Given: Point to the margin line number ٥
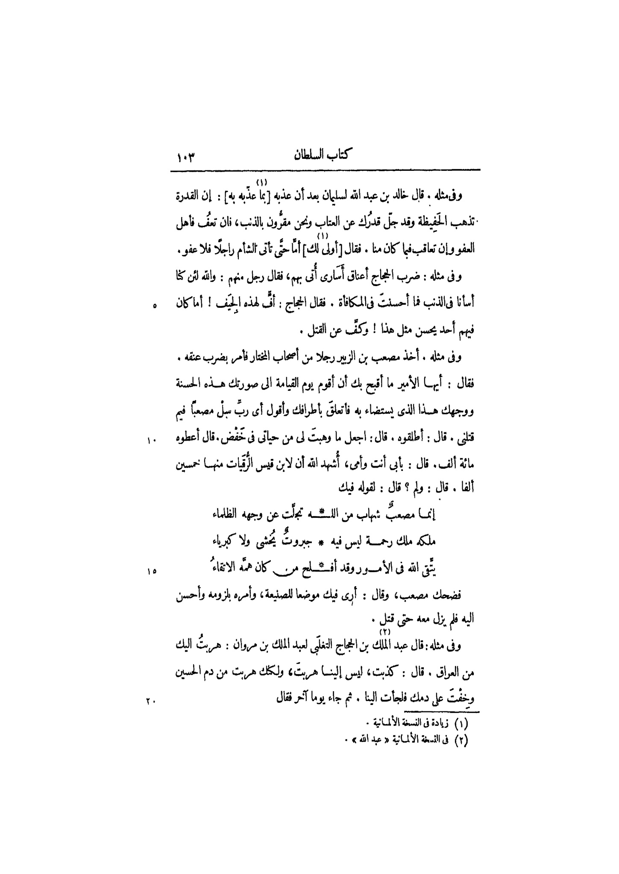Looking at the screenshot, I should tap(155, 305).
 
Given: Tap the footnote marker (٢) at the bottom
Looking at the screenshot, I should tap(461, 739).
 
